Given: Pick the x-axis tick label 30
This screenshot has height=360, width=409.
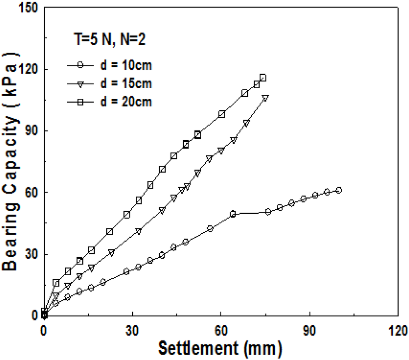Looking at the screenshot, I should click(x=132, y=330).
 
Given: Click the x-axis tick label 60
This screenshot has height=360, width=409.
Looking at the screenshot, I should click(x=221, y=330).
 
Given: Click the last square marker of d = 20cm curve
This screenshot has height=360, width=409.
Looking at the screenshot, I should click(x=263, y=78).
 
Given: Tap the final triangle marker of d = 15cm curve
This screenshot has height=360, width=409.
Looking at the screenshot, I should click(x=266, y=97).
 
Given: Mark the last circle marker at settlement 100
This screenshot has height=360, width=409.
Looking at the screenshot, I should click(x=339, y=190).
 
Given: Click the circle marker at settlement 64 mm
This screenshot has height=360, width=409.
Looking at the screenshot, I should click(x=233, y=214).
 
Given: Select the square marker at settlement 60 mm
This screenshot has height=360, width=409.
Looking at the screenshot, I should click(x=222, y=114).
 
